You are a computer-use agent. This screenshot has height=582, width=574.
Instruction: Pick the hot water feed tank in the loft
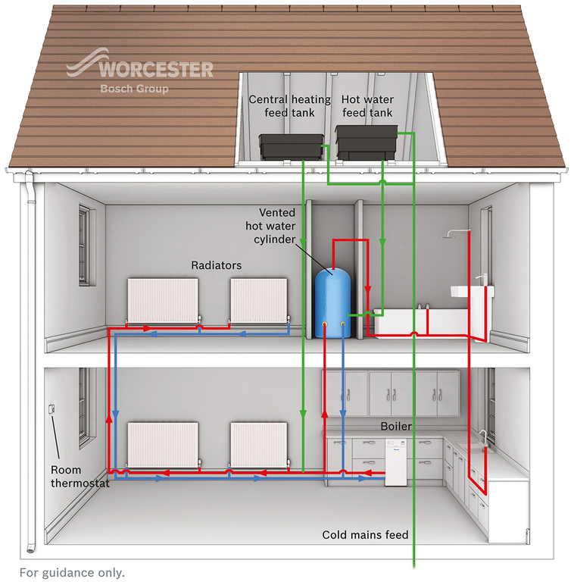(367, 142)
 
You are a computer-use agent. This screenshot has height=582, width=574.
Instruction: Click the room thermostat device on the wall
(51, 410)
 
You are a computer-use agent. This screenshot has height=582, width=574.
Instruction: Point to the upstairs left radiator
(162, 300)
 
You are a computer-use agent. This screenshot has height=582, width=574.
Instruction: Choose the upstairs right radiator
(259, 300)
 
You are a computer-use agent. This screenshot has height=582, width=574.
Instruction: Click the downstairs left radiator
(162, 444)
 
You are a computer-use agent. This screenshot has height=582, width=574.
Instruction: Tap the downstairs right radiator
(259, 444)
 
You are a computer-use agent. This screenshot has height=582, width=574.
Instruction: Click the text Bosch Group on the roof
(135, 89)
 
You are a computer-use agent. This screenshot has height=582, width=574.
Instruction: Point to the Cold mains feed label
(365, 535)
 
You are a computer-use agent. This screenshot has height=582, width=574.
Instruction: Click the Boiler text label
(395, 427)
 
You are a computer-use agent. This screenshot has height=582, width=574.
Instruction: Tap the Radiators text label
(217, 265)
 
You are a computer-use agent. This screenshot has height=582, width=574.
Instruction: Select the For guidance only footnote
(72, 572)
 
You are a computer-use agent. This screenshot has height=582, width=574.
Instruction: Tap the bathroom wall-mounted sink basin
(469, 291)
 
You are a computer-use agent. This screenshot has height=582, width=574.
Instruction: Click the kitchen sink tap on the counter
(482, 437)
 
